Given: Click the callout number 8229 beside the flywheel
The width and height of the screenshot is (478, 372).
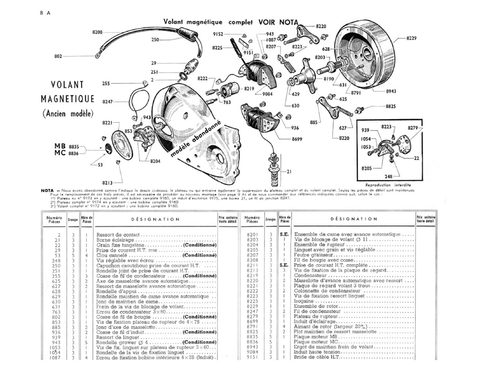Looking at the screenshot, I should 411,38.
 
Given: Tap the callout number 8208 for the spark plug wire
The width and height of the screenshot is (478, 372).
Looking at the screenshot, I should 97,32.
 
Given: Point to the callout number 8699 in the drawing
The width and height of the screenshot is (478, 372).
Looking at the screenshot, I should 297,139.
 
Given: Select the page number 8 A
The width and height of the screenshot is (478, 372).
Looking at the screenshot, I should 45,13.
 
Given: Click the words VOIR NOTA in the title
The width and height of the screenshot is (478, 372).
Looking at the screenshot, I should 278,22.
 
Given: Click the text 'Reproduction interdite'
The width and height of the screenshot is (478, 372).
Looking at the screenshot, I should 388,185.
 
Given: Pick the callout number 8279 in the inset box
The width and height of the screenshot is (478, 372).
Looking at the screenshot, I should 413,127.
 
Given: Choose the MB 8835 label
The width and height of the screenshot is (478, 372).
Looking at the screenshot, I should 66,146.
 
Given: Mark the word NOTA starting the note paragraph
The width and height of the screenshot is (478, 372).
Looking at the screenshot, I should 47,190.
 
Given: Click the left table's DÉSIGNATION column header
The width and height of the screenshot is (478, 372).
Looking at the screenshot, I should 155,219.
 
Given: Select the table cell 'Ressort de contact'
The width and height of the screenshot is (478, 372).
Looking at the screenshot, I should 118,235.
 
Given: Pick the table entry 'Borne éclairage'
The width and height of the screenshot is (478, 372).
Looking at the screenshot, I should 115,240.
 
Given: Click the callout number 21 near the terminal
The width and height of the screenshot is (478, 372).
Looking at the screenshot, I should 289,171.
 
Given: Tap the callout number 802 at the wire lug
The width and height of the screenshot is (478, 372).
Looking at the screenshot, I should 58,56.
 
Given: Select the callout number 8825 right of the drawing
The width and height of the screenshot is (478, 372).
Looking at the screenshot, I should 391,106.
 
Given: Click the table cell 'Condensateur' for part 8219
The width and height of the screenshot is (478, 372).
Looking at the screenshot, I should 310,275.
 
